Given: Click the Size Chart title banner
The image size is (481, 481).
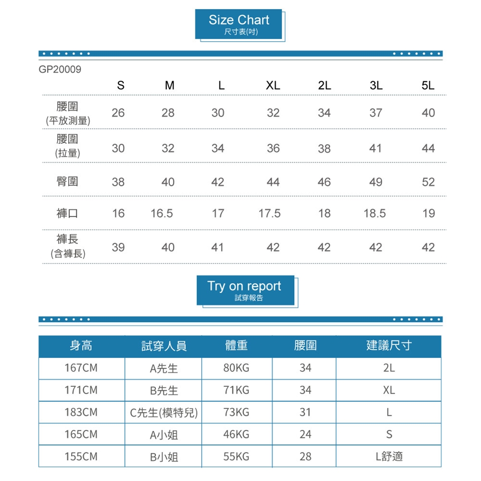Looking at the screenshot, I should [x=238, y=24].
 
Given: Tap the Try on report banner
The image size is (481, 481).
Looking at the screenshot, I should [x=245, y=290].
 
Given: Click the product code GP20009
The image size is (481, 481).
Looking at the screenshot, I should [x=60, y=69].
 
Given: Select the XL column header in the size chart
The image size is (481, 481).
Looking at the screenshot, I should [x=273, y=86].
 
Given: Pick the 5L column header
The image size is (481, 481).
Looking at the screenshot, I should [x=428, y=86].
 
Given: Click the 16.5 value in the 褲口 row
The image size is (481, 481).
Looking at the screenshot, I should [x=162, y=214].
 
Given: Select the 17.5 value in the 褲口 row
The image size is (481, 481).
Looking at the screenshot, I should [x=270, y=214].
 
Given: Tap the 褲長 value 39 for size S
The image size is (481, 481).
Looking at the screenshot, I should [x=118, y=248].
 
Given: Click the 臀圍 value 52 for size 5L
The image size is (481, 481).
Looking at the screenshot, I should [x=428, y=181].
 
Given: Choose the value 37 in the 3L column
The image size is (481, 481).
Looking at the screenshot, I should [x=376, y=113].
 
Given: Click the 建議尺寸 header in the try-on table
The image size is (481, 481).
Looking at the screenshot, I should [x=389, y=346].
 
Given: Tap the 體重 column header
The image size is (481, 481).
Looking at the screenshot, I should [x=236, y=346].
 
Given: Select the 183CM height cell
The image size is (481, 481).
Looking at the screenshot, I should [x=81, y=412].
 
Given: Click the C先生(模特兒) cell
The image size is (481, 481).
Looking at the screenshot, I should [x=163, y=413].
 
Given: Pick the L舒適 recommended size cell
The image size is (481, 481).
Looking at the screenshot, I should [x=389, y=456].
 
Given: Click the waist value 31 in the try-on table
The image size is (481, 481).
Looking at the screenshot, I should [x=305, y=412].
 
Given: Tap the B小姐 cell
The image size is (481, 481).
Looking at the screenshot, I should [x=163, y=457].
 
